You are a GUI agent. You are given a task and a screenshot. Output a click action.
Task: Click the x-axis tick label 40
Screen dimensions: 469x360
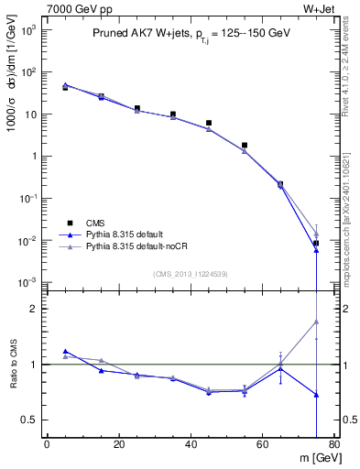191,445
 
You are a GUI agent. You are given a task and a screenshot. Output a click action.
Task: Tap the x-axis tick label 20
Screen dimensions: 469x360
119,445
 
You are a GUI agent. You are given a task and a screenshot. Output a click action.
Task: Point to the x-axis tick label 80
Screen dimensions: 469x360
334,445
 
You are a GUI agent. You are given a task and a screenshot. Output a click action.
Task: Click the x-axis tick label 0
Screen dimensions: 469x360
47,445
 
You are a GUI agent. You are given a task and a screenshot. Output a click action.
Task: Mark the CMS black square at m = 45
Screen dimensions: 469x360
209,123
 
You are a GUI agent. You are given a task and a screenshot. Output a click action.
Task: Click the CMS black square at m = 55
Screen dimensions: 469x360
245,145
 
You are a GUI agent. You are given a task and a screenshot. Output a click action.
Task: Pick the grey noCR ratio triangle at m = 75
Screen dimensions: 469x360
316,322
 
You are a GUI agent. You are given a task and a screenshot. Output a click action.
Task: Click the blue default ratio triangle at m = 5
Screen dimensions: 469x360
65,351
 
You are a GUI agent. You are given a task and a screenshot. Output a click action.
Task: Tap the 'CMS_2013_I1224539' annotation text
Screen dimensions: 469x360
190,274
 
